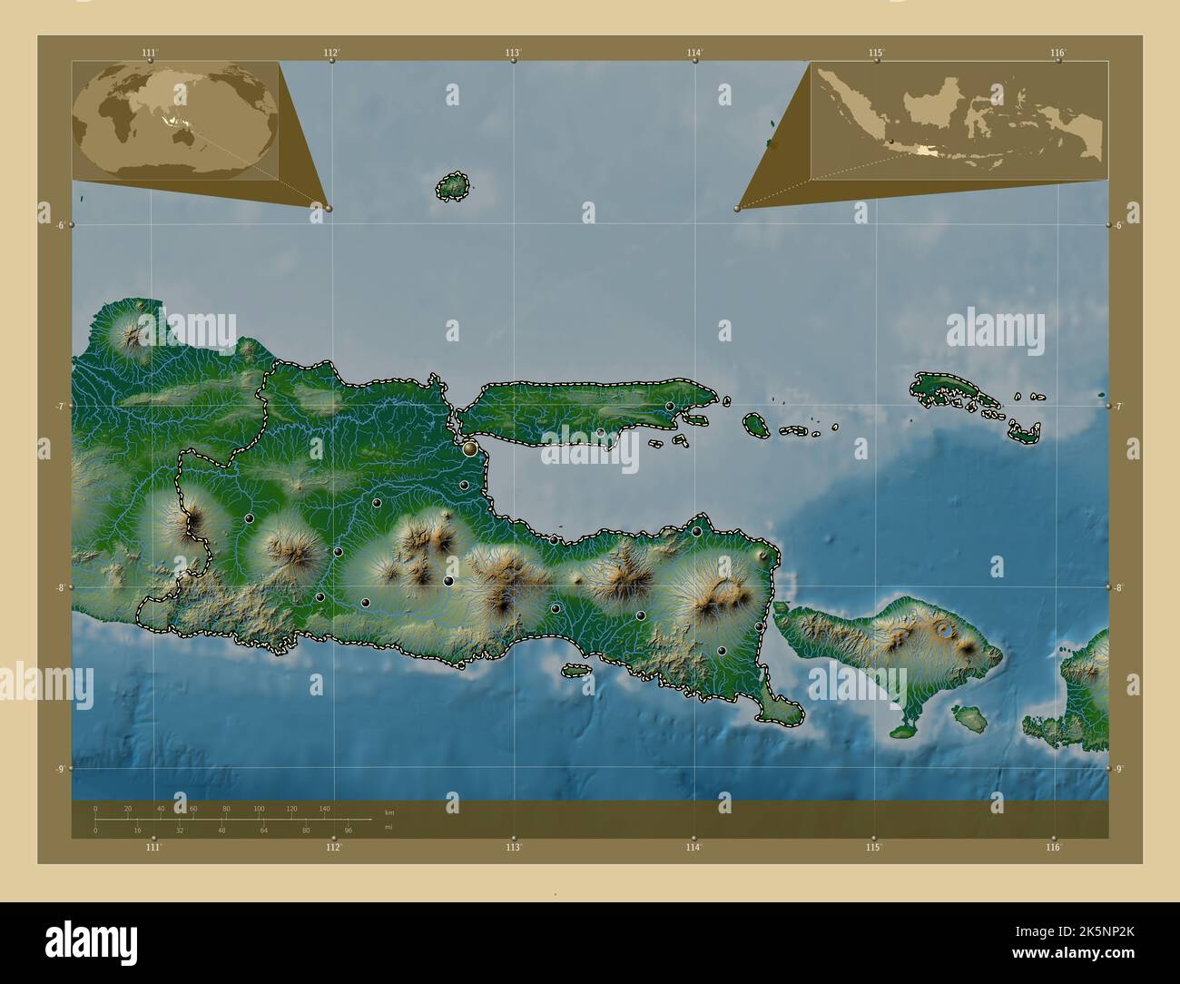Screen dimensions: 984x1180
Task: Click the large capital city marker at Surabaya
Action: click(469, 448)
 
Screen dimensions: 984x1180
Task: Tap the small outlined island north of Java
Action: click(452, 187)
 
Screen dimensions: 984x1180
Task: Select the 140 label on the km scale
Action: click(324, 808)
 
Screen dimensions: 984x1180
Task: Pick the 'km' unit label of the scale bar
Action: click(389, 812)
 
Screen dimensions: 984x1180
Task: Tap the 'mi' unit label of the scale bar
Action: click(388, 828)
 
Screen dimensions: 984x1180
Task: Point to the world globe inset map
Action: click(175, 122)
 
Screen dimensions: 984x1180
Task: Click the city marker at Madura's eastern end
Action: click(670, 407)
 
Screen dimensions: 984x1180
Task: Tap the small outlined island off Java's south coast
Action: click(575, 671)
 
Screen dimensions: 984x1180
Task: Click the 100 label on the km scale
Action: click(259, 808)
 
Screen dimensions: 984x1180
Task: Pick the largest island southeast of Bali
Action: click(971, 721)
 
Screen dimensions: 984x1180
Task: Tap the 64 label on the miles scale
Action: click(264, 830)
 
